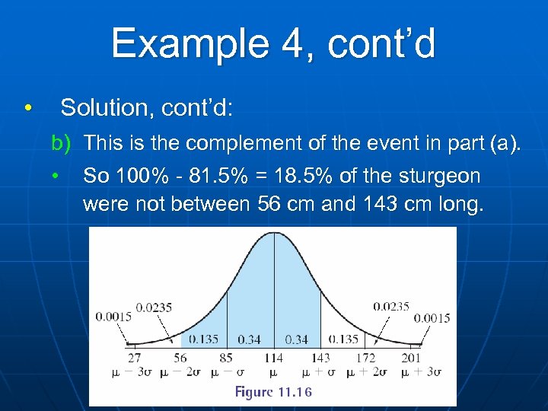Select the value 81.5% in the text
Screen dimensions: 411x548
(199, 176)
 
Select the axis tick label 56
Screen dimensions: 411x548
(179, 357)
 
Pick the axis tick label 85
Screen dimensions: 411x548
(226, 357)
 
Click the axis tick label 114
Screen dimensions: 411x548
(273, 357)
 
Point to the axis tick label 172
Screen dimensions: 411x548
(366, 357)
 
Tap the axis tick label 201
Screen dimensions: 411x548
(412, 357)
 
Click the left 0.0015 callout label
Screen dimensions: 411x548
(113, 317)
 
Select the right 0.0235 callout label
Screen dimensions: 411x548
(391, 307)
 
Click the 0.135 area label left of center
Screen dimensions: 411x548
(205, 339)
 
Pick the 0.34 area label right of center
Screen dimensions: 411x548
(297, 339)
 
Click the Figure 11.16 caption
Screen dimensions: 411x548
(273, 392)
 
